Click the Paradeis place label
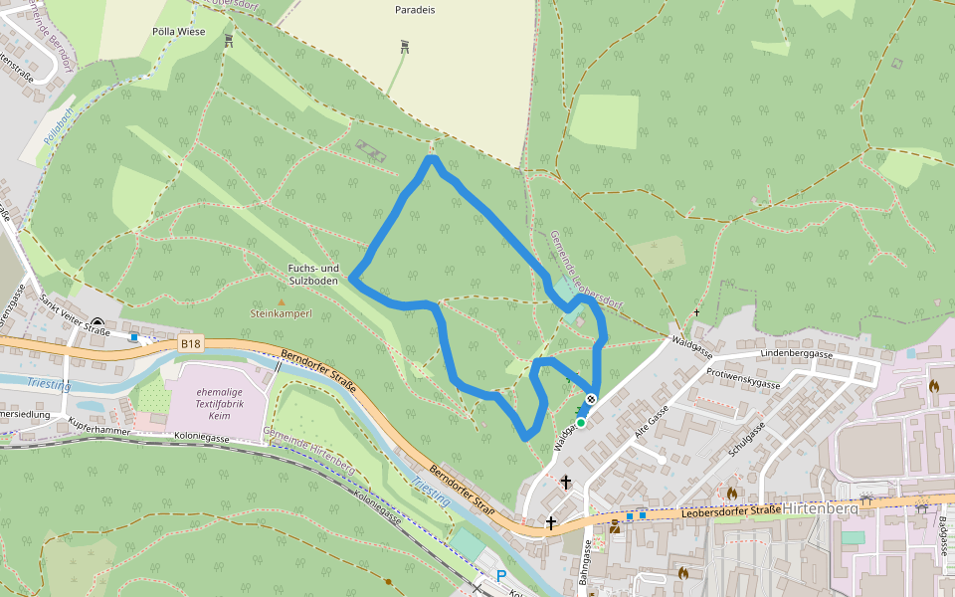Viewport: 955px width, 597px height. click(415, 9)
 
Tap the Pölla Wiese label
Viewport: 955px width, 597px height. click(178, 32)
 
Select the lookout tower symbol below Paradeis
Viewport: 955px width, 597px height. click(404, 46)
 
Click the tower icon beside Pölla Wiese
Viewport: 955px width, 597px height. click(229, 41)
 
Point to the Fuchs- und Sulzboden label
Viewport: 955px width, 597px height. click(313, 275)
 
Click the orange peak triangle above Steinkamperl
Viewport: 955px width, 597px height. click(281, 301)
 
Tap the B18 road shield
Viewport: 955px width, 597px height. click(191, 344)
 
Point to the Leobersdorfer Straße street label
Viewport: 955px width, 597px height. click(731, 512)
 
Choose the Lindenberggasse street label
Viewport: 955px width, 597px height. click(796, 354)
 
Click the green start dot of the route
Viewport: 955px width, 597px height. click(581, 423)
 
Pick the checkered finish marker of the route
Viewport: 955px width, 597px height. click(591, 400)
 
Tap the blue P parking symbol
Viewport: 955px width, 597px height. click(501, 576)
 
